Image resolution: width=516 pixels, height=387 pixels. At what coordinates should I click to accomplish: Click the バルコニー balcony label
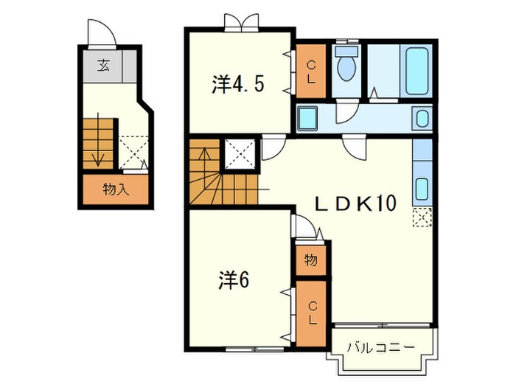[380, 346]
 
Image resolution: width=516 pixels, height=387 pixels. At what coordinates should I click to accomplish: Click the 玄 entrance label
[105, 66]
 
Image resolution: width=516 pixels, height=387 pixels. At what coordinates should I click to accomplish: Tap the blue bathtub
[416, 71]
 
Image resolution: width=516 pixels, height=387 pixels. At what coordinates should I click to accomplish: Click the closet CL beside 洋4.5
[312, 72]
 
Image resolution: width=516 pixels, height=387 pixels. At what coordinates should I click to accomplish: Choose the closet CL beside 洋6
[312, 313]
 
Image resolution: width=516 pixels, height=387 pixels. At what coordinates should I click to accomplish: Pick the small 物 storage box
[312, 259]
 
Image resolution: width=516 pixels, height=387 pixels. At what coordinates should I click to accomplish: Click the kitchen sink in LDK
[423, 189]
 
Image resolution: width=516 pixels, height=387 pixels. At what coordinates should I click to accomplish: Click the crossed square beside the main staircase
[240, 152]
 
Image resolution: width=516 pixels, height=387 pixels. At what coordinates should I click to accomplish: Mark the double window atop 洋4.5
[242, 22]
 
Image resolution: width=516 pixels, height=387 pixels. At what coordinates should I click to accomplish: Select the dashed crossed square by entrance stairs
[133, 149]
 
